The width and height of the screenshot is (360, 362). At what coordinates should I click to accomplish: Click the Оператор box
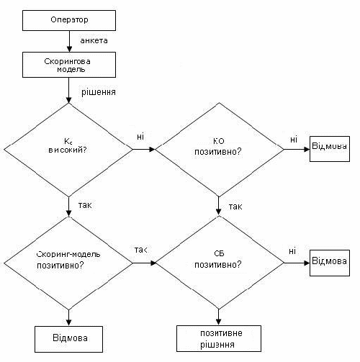(69, 20)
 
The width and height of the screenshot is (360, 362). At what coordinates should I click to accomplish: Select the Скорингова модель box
(69, 65)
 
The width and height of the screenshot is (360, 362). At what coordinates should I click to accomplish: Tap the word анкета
(94, 40)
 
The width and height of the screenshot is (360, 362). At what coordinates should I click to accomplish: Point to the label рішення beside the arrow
(99, 92)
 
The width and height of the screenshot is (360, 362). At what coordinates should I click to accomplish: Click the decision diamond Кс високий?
(68, 150)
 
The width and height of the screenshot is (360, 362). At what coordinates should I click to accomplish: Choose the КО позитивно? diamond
(219, 150)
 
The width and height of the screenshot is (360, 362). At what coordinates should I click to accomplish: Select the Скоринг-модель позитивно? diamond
(68, 263)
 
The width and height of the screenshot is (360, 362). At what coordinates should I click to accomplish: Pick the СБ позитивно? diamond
(219, 263)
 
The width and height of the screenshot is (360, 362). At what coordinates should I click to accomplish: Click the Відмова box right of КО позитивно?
(330, 149)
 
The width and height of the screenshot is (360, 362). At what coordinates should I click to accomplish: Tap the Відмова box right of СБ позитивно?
(330, 263)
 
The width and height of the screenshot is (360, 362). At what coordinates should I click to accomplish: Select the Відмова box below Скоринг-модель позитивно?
(68, 339)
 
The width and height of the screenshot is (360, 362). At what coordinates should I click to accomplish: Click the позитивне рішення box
(219, 338)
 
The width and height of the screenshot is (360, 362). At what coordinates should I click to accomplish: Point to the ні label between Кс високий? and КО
(140, 137)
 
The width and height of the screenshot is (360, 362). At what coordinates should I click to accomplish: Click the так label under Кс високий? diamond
(85, 205)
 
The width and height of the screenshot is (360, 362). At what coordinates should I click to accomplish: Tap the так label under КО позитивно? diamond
(235, 207)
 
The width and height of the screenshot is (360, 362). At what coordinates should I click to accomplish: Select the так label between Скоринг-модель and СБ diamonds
(140, 250)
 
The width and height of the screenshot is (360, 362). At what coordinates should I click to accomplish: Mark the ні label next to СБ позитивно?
(292, 251)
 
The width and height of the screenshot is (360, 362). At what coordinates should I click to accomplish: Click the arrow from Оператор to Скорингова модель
(69, 41)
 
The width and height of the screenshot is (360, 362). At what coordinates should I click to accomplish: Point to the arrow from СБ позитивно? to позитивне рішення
(218, 317)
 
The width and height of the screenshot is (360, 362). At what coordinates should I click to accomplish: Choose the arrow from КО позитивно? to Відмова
(297, 150)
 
